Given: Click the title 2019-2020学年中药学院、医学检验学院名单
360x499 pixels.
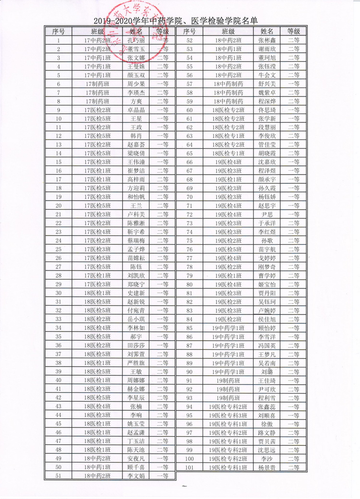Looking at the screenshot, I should click(x=176, y=21).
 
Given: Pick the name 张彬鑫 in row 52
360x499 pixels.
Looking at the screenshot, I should click(x=267, y=40).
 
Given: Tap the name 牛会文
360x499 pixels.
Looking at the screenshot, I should click(x=267, y=75).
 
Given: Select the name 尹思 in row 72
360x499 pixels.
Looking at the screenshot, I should click(x=267, y=214).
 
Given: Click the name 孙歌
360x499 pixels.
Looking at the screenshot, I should click(x=267, y=241).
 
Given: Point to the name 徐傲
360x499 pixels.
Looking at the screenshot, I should click(x=267, y=424).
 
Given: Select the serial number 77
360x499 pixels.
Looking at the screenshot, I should click(x=189, y=258).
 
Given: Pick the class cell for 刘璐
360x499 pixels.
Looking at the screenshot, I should click(x=228, y=372).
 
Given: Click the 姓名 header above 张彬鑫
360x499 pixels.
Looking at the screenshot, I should click(x=267, y=32).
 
